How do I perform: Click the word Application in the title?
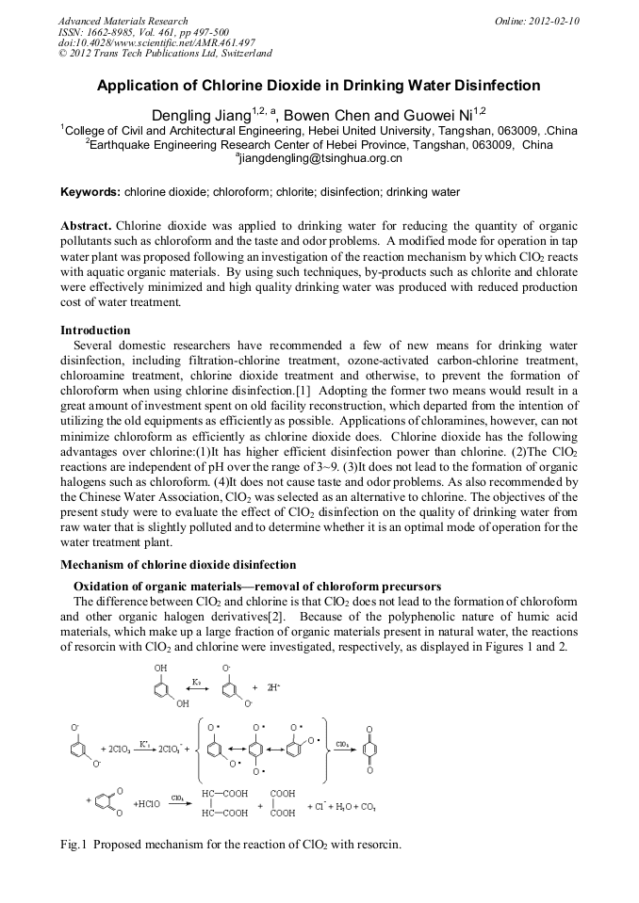(142, 86)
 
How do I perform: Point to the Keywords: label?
(90, 192)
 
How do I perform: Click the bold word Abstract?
(86, 228)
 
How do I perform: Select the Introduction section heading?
(95, 331)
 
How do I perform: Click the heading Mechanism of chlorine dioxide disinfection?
(178, 565)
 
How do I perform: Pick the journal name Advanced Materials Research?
(123, 21)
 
